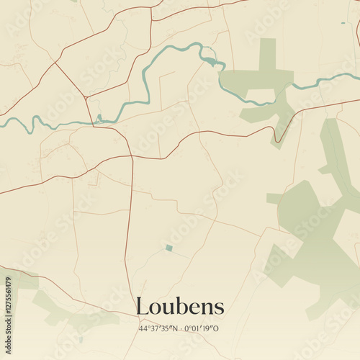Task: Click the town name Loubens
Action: point(180,306)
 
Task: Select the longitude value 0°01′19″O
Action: point(202,329)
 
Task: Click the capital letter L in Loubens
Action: point(142,306)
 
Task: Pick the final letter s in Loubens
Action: point(220,307)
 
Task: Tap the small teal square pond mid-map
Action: point(168,248)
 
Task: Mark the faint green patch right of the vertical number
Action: point(25,281)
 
